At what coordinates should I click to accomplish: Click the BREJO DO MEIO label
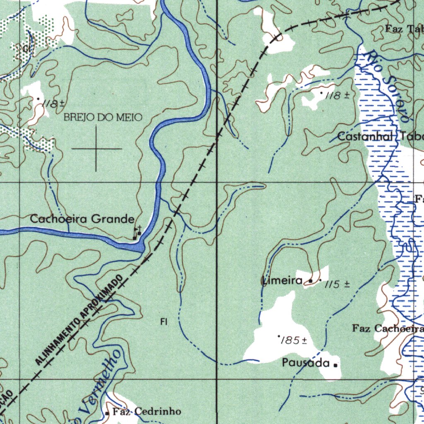[x=103, y=118]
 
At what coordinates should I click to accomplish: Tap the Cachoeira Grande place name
[x=82, y=219]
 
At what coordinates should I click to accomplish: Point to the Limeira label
[x=282, y=281]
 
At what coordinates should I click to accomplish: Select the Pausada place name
[x=306, y=363]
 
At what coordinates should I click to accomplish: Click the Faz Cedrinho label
[x=147, y=412]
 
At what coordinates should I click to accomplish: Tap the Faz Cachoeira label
[x=388, y=329]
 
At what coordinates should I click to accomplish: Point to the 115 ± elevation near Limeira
[x=337, y=284]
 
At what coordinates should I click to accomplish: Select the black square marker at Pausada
[x=335, y=365]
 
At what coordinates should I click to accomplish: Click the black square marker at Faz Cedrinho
[x=107, y=413]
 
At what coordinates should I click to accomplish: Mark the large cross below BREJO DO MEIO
[x=96, y=148]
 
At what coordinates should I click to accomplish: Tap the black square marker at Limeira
[x=311, y=282]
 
